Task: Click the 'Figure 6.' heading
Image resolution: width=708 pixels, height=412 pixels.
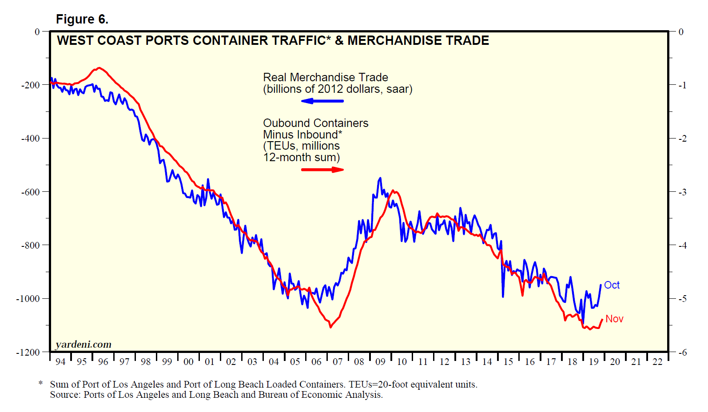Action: [x=82, y=20]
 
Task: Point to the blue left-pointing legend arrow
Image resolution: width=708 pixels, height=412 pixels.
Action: [x=322, y=101]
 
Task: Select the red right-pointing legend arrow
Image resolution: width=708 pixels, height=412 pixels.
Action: [x=322, y=170]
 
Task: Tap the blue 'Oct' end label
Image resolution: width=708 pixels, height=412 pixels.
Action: [x=612, y=285]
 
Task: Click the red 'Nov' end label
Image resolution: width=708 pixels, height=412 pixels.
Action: [x=614, y=319]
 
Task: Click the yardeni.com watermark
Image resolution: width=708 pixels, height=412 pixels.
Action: [x=84, y=345]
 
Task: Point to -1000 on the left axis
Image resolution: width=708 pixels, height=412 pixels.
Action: [x=28, y=299]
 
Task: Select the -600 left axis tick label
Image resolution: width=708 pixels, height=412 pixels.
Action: [x=30, y=192]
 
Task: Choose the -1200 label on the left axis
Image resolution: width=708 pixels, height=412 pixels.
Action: [x=28, y=353]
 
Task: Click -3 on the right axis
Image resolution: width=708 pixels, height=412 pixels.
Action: [x=682, y=192]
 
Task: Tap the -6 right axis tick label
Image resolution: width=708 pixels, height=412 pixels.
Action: [x=682, y=353]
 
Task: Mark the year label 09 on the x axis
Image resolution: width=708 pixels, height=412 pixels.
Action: [x=380, y=362]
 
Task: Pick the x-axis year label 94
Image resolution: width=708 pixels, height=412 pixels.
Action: [x=60, y=362]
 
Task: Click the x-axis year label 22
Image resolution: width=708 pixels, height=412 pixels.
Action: [x=657, y=362]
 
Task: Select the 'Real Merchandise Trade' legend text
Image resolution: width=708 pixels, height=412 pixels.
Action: [x=326, y=77]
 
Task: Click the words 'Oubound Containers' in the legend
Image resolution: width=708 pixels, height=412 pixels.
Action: [x=316, y=123]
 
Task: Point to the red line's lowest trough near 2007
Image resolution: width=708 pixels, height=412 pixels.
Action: [x=330, y=327]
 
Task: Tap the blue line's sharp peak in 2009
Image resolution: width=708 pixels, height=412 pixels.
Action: [x=380, y=178]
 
